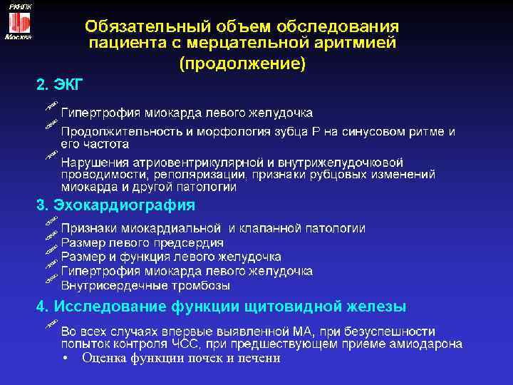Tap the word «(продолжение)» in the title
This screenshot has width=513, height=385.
[x=242, y=63]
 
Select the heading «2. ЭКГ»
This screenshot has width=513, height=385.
[x=60, y=86]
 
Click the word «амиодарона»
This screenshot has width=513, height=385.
[x=427, y=344]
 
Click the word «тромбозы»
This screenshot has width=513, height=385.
[x=202, y=285]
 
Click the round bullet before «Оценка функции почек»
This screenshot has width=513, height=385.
[x=65, y=359]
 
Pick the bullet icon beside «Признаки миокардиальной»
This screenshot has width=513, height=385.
[x=50, y=226]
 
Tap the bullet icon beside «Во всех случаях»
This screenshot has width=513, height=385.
[x=50, y=325]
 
